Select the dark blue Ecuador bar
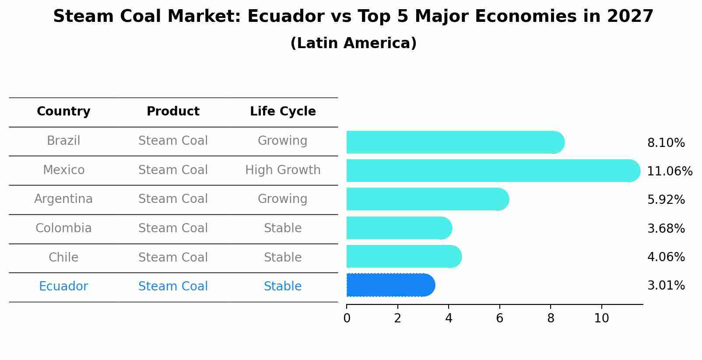(x=390, y=285)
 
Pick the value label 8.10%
(x=666, y=143)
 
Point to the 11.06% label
(x=670, y=171)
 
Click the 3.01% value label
(x=666, y=286)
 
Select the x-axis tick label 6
(x=499, y=318)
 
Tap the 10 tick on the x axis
(x=601, y=318)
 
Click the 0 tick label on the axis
(x=347, y=318)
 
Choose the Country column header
(x=63, y=112)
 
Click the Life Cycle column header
(x=283, y=112)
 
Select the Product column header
(x=173, y=112)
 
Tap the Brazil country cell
(x=63, y=141)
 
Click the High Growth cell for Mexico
(x=283, y=170)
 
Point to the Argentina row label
(x=63, y=199)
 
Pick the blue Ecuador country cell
(x=63, y=287)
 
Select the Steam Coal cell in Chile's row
(x=173, y=257)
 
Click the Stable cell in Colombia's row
(x=283, y=228)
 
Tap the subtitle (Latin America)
(x=353, y=43)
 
